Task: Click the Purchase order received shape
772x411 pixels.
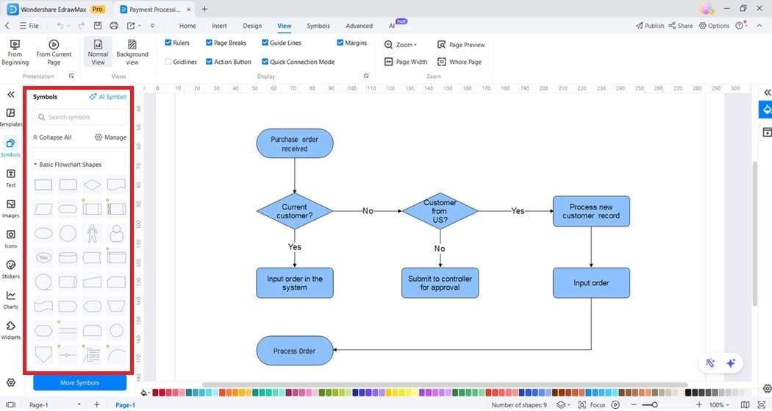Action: pyautogui.click(x=294, y=143)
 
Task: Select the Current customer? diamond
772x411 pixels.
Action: pyautogui.click(x=294, y=211)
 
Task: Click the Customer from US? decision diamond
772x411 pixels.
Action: pyautogui.click(x=440, y=211)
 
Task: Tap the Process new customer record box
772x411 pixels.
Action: pyautogui.click(x=591, y=211)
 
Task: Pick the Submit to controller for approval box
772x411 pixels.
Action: pyautogui.click(x=440, y=283)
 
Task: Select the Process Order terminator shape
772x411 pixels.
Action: pyautogui.click(x=294, y=351)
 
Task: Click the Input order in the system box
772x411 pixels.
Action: pyautogui.click(x=294, y=283)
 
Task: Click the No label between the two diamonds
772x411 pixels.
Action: pyautogui.click(x=368, y=211)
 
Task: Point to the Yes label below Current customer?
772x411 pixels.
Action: pyautogui.click(x=295, y=247)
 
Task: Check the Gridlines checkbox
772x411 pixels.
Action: pyautogui.click(x=168, y=62)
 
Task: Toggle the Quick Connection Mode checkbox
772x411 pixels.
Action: pyautogui.click(x=265, y=62)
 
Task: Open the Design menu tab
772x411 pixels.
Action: pyautogui.click(x=252, y=26)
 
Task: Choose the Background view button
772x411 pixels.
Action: pyautogui.click(x=132, y=53)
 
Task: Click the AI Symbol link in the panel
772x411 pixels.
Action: pyautogui.click(x=108, y=97)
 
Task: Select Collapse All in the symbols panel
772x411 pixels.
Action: pyautogui.click(x=53, y=137)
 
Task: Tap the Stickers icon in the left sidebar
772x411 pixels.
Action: pyautogui.click(x=11, y=269)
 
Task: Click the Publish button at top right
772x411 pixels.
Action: pyautogui.click(x=650, y=26)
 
